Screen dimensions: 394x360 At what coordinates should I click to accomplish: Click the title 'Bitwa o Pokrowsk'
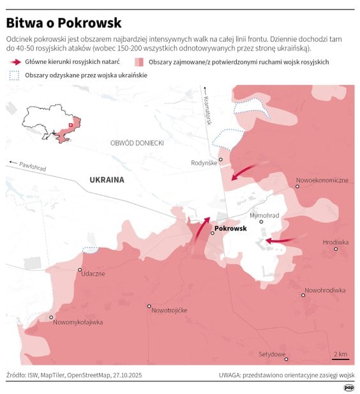click(x=64, y=23)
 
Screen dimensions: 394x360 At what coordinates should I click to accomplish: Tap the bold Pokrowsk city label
click(x=230, y=228)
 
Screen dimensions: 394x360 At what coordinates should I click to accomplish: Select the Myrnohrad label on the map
click(x=265, y=216)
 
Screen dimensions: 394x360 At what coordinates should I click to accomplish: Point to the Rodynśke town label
click(x=204, y=163)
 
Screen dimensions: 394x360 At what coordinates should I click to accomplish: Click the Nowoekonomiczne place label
click(x=322, y=180)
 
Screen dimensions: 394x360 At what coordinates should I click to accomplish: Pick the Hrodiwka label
click(x=336, y=242)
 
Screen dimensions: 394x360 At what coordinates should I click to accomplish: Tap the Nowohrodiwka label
click(x=324, y=291)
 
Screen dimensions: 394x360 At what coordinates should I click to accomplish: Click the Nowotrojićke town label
click(x=169, y=310)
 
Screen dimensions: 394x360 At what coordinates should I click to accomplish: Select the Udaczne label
click(x=93, y=273)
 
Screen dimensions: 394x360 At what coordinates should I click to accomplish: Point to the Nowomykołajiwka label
click(x=78, y=322)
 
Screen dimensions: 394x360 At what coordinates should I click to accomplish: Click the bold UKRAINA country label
click(x=107, y=180)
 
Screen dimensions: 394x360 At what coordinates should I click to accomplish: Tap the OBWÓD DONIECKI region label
click(x=137, y=143)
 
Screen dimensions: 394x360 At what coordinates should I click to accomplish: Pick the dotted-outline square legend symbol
click(x=14, y=76)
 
